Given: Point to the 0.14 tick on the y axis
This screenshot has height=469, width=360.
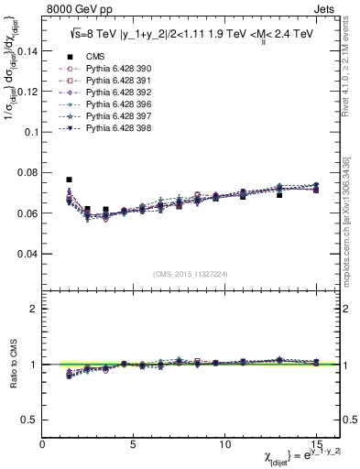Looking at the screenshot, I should coord(27,51).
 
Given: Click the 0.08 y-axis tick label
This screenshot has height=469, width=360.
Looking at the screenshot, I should coord(27,172).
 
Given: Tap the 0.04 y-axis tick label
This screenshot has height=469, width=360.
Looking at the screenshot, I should coord(27,253).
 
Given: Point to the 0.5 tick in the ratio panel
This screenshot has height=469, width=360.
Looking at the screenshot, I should coord(29,420).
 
